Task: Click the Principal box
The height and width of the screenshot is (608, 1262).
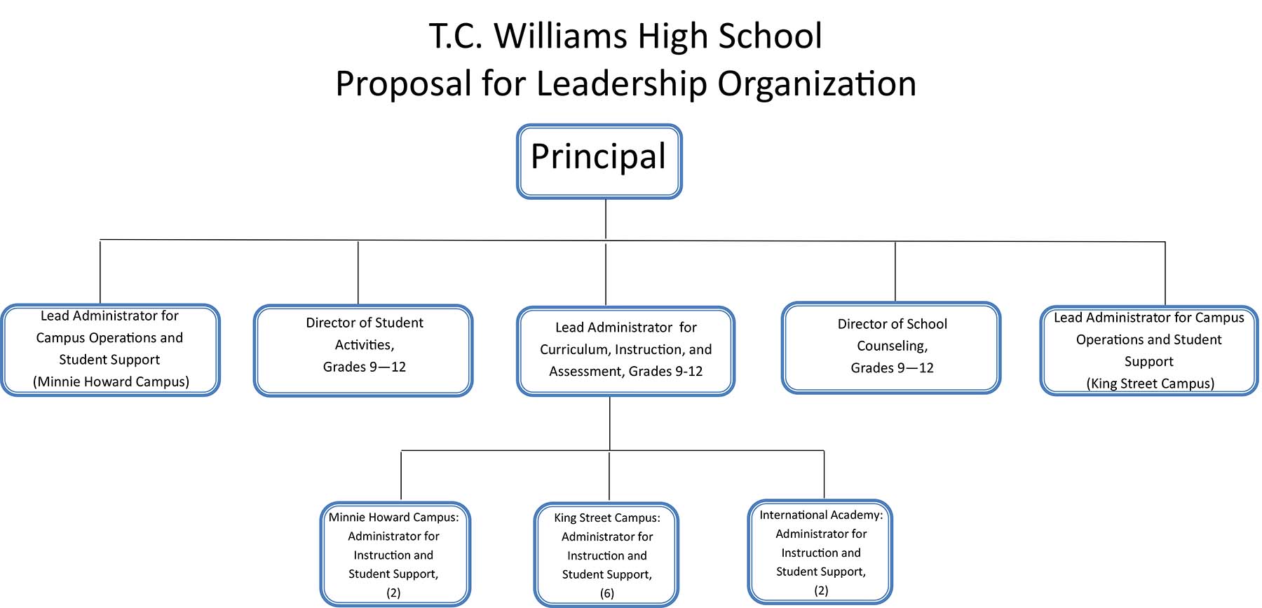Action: click(x=599, y=161)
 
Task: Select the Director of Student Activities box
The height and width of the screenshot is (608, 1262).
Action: click(x=363, y=351)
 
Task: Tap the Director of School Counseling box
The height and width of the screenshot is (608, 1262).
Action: click(x=891, y=348)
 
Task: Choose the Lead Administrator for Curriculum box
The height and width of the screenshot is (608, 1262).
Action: click(x=626, y=351)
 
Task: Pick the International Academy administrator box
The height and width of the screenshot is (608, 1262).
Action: click(x=820, y=552)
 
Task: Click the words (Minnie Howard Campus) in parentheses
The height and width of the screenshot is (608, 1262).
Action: click(x=111, y=381)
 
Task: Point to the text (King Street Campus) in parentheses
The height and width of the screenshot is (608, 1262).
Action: click(x=1151, y=384)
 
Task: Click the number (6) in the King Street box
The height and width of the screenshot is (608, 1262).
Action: click(x=607, y=593)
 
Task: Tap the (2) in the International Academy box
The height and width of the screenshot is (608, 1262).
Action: click(x=821, y=590)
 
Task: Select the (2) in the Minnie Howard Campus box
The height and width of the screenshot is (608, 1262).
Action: click(x=393, y=593)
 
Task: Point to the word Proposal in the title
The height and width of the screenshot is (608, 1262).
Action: click(x=404, y=84)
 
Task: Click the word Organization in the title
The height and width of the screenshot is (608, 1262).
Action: click(x=817, y=84)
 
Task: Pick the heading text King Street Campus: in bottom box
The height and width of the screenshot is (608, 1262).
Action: click(x=607, y=518)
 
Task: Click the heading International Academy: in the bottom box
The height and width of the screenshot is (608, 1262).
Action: click(x=821, y=515)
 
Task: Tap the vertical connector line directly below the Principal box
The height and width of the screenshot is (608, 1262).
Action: click(x=606, y=219)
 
